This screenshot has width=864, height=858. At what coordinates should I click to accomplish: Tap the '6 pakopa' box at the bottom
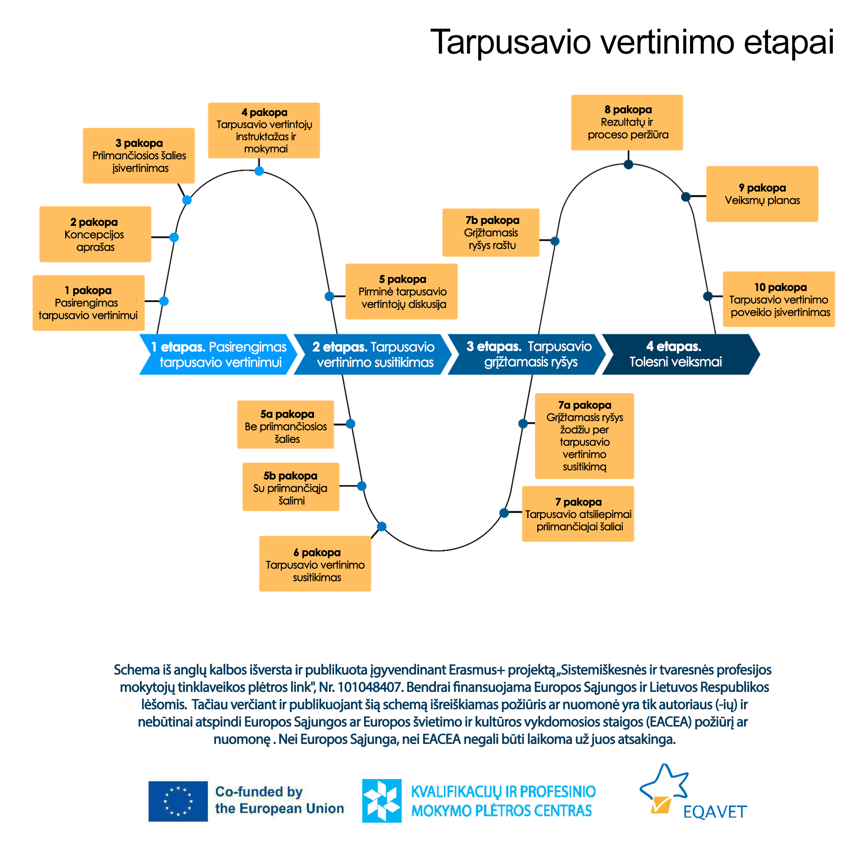[x=315, y=564]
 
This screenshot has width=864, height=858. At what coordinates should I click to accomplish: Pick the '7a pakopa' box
[x=584, y=436]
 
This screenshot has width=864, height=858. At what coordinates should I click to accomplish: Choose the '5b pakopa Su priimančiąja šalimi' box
[x=291, y=487]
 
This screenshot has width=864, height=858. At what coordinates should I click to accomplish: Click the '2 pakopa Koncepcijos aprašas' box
[x=95, y=234]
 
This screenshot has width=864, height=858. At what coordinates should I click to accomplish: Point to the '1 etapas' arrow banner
[x=218, y=354]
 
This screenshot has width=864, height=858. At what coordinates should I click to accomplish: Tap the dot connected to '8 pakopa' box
[x=628, y=165]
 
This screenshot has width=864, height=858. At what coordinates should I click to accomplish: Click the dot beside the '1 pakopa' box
[x=164, y=301]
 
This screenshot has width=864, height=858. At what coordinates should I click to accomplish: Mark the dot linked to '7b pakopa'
[x=555, y=241]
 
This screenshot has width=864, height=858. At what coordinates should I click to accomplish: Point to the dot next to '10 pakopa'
[x=707, y=296]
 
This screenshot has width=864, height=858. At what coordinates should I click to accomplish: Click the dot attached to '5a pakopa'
[x=351, y=424]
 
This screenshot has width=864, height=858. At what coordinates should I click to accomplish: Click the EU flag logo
[x=178, y=801]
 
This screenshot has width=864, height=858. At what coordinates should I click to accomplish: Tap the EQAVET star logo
[x=665, y=789]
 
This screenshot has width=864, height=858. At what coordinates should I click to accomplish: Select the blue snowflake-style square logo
[x=381, y=801]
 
